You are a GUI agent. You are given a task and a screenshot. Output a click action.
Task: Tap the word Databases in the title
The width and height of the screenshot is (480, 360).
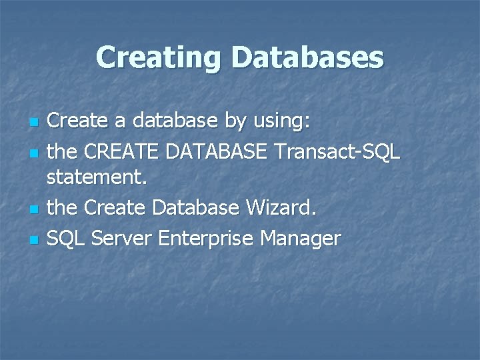(307, 57)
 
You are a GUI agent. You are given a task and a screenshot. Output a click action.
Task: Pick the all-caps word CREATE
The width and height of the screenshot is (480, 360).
(118, 151)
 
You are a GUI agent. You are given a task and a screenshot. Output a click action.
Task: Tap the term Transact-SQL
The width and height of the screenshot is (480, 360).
(337, 151)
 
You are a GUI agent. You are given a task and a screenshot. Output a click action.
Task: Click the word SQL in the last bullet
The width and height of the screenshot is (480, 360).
(65, 237)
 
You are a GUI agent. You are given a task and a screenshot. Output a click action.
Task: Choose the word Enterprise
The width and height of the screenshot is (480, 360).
(203, 237)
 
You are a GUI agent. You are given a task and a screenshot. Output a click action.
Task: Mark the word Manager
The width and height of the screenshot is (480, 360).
(301, 237)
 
